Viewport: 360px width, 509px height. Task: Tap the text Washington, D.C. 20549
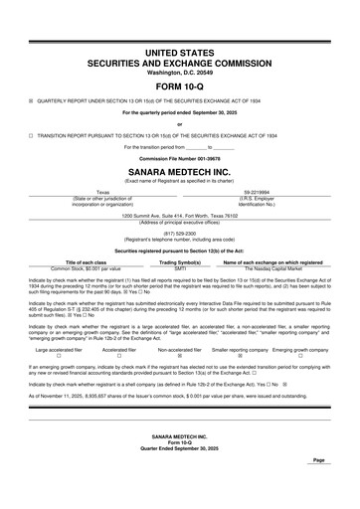(180, 72)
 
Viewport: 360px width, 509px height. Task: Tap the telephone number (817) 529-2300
(180, 234)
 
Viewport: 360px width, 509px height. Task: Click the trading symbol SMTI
(180, 268)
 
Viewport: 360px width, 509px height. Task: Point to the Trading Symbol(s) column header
(180, 261)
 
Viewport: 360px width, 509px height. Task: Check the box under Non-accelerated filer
(179, 357)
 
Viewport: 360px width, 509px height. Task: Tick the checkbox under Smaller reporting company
(240, 357)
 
